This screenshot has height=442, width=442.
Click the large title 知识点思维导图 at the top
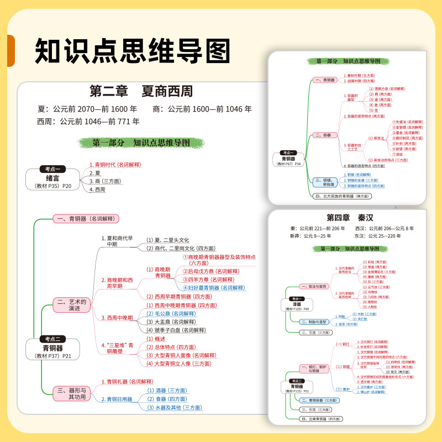coord(133,51)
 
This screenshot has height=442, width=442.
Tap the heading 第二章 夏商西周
coord(141,91)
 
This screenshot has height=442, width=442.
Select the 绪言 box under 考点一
coord(52,178)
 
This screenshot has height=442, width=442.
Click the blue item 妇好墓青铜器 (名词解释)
coord(213,287)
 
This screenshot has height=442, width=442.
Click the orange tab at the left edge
coord(9,51)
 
